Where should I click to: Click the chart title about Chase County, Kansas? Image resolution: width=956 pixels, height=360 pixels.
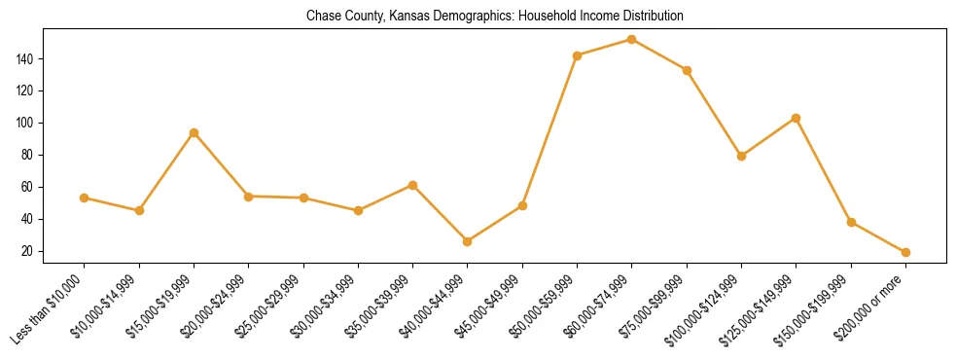click(x=495, y=17)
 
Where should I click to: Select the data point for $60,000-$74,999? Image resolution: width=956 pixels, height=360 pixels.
click(x=632, y=40)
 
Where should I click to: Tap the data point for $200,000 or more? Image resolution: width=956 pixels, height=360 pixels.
click(x=905, y=252)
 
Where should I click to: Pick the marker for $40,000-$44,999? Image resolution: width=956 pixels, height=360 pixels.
click(x=468, y=241)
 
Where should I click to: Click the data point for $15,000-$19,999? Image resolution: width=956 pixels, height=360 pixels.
click(x=195, y=132)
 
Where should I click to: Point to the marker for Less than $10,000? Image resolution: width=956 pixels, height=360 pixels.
click(x=85, y=198)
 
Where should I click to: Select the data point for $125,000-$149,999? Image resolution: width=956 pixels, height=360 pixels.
click(x=797, y=118)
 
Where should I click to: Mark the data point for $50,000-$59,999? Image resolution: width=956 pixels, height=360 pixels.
click(x=578, y=55)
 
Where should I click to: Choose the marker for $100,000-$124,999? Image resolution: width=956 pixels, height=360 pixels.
click(x=741, y=156)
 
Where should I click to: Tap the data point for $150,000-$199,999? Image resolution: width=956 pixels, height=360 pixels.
click(x=851, y=222)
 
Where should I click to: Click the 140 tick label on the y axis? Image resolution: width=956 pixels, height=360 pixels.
click(x=25, y=59)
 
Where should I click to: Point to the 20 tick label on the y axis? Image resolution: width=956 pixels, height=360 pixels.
click(x=28, y=251)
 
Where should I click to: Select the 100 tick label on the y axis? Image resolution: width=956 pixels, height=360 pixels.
click(x=25, y=124)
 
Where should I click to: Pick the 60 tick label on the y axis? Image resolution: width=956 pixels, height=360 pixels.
click(x=28, y=187)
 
